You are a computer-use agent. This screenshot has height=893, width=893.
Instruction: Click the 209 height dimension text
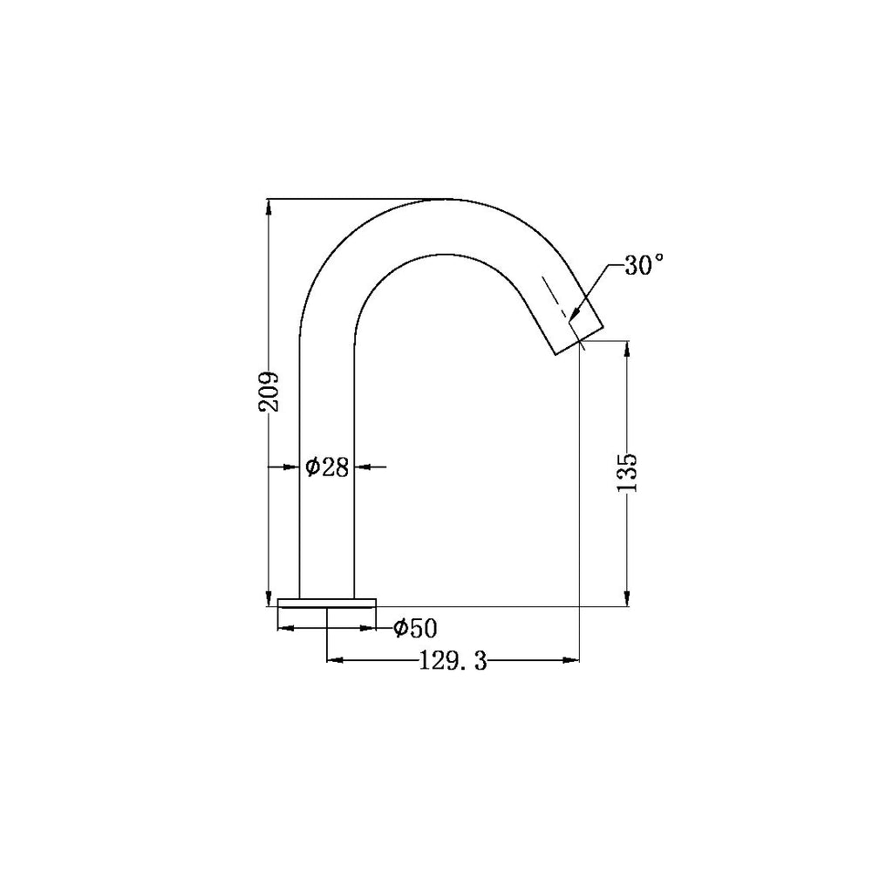click(x=269, y=392)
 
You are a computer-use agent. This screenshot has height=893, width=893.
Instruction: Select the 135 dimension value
click(x=627, y=472)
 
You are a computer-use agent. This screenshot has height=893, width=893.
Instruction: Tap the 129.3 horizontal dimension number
click(x=452, y=662)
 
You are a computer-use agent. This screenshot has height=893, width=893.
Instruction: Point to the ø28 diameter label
click(x=327, y=467)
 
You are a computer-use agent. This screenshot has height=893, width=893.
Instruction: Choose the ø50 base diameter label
click(x=414, y=627)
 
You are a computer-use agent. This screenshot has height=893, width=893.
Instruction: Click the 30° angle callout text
click(x=644, y=266)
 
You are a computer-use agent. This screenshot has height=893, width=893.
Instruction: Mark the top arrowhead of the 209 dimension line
click(x=269, y=206)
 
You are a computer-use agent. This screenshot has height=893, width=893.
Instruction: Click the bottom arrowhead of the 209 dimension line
click(x=269, y=598)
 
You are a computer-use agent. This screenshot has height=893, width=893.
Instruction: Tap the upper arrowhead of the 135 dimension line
click(x=627, y=350)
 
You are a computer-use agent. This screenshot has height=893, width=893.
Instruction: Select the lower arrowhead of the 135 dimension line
click(x=627, y=598)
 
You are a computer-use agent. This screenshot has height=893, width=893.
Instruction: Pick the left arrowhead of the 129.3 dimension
click(x=333, y=660)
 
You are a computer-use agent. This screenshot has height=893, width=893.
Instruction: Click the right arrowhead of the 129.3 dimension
click(x=573, y=660)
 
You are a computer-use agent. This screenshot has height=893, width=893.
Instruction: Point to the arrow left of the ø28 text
click(x=292, y=467)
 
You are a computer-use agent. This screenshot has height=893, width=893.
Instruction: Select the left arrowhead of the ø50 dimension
click(x=284, y=627)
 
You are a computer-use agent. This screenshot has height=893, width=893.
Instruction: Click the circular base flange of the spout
click(x=327, y=602)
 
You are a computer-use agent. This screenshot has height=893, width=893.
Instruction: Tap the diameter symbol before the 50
click(x=399, y=627)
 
